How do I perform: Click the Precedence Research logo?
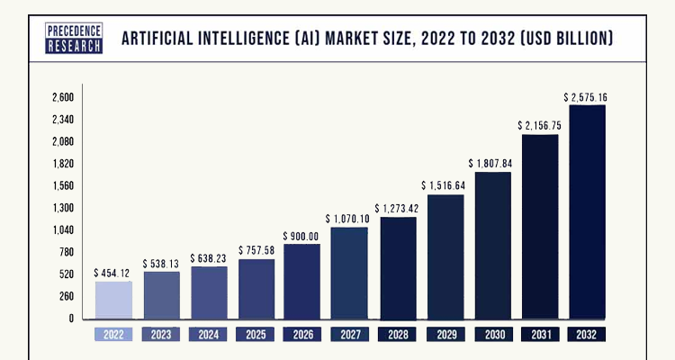(x=75, y=38)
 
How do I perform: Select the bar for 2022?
(x=113, y=301)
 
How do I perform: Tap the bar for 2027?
(x=349, y=274)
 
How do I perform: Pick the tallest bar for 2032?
(x=587, y=212)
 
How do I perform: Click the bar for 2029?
(x=445, y=257)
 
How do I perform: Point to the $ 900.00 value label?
(x=301, y=236)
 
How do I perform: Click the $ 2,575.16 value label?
(x=587, y=96)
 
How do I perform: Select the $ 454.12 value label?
(x=113, y=272)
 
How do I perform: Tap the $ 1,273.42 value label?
(x=397, y=209)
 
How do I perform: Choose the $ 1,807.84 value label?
(x=491, y=163)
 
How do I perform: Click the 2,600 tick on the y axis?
(x=62, y=97)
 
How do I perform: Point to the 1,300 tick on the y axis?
(x=62, y=208)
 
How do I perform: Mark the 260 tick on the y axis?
(x=66, y=296)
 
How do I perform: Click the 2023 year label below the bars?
(x=161, y=334)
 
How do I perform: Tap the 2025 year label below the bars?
(x=256, y=334)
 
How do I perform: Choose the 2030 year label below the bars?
(x=492, y=334)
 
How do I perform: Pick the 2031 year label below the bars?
(x=540, y=334)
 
